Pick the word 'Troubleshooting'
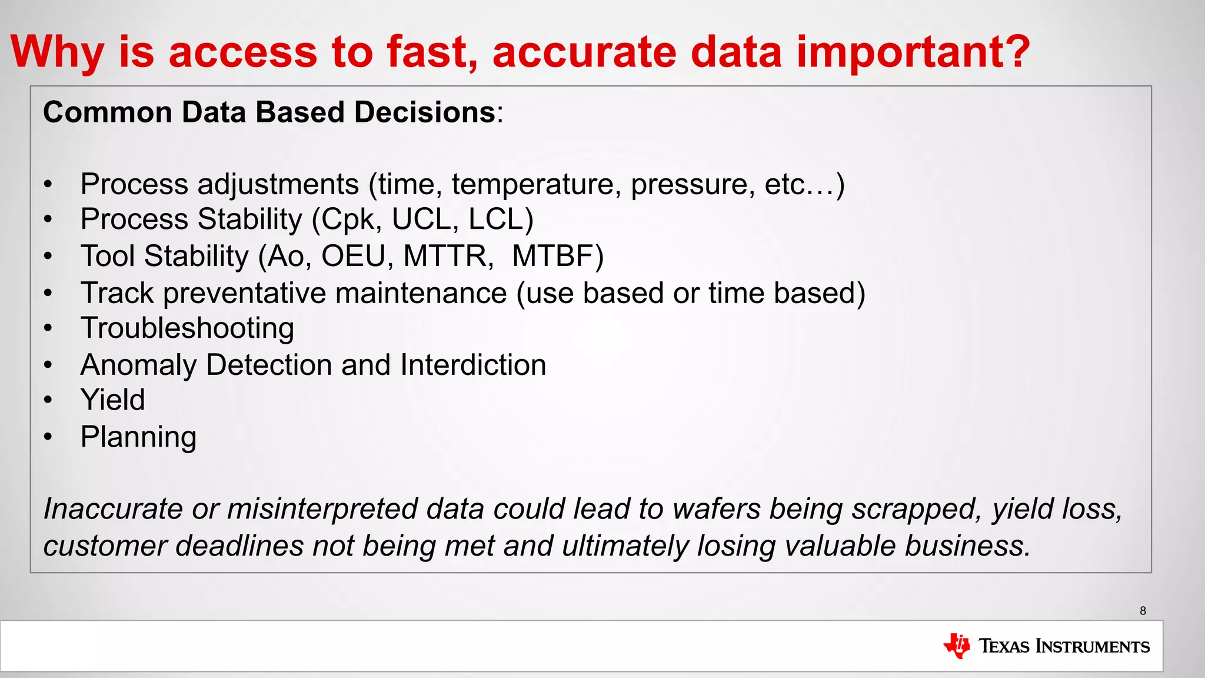(187, 328)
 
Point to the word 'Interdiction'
(473, 365)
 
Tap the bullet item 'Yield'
(112, 400)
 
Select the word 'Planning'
(138, 437)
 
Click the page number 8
(1143, 611)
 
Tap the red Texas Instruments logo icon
(957, 646)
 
